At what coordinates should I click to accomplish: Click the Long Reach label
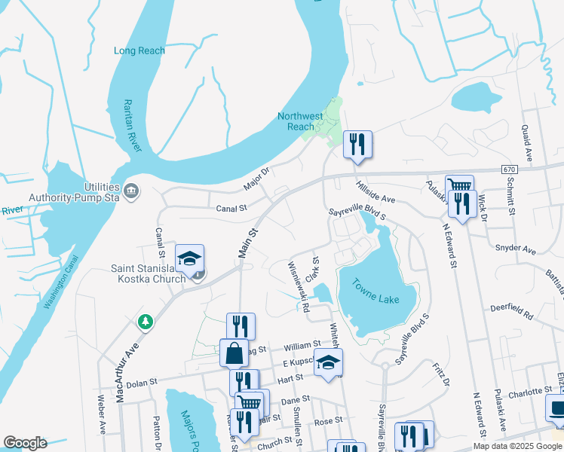click(x=139, y=50)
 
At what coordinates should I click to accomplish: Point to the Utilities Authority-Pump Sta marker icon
click(x=132, y=189)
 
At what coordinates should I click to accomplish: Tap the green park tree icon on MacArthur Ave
click(x=144, y=322)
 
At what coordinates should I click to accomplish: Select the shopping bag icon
click(x=234, y=352)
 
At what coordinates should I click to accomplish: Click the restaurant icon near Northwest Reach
click(x=357, y=143)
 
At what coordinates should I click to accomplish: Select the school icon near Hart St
click(x=328, y=362)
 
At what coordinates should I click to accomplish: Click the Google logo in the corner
click(x=25, y=442)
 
